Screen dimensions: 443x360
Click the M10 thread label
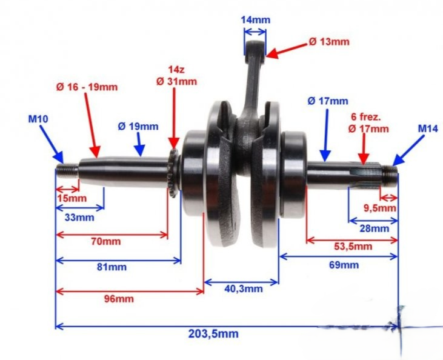38,119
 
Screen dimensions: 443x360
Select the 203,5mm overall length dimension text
213,334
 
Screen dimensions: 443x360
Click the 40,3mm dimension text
244,289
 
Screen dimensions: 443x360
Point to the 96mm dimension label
119,299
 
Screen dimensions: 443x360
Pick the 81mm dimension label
112,267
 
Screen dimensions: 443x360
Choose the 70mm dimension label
105,242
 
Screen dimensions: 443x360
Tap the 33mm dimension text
79,218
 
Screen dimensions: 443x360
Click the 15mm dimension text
72,198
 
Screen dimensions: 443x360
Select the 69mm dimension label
344,265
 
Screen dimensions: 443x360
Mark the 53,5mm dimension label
353,247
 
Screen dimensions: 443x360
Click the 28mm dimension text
375,228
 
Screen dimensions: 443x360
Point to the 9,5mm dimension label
380,208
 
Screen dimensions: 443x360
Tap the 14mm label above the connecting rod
255,20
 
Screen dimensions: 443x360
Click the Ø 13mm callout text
329,42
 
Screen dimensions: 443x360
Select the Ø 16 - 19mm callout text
87,87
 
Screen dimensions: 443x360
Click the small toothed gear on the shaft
173,173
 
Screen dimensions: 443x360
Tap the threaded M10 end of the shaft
67,171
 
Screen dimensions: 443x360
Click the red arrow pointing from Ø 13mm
286,51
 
